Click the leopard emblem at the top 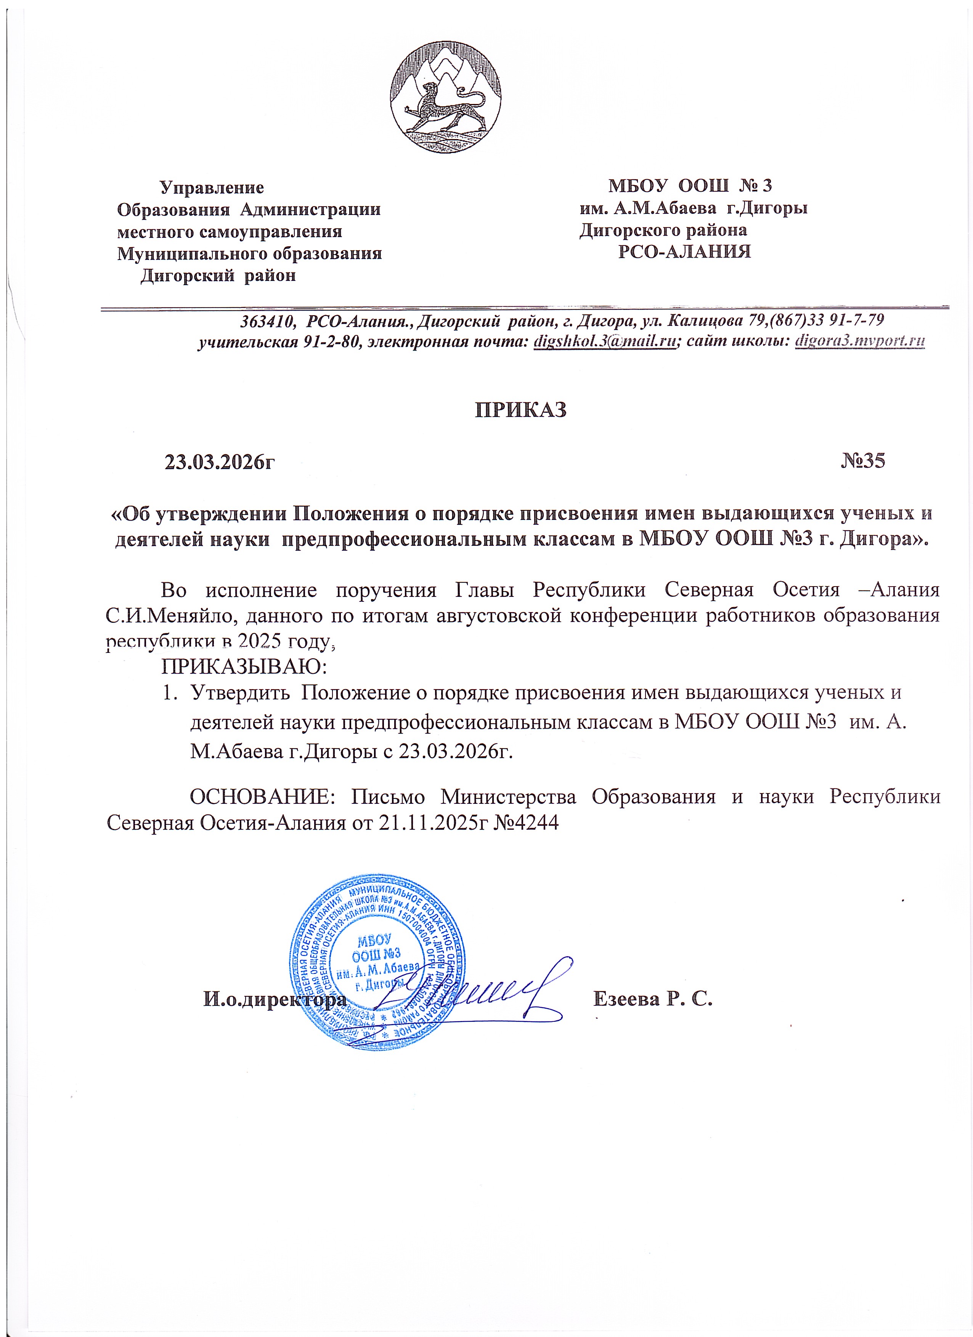(x=446, y=98)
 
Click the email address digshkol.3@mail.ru (x=604, y=342)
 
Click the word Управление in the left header (x=212, y=188)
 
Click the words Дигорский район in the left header (x=218, y=275)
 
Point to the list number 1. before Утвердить (x=169, y=693)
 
